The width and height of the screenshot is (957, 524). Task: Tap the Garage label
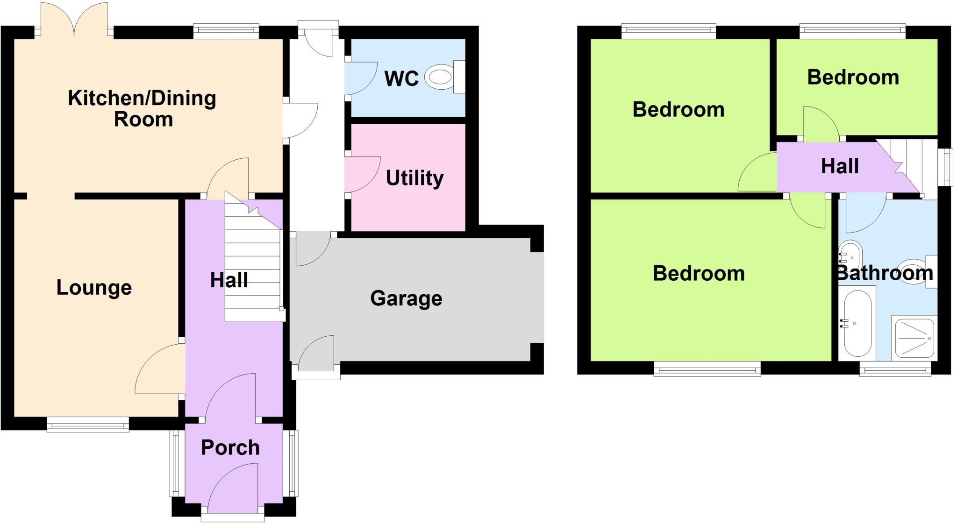(x=406, y=298)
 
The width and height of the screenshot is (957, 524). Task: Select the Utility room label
(x=414, y=178)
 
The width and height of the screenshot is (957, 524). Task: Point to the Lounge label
(x=94, y=288)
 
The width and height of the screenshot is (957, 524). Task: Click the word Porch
(x=230, y=447)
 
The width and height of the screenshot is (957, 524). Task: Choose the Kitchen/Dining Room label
(x=142, y=108)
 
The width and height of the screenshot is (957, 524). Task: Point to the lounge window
(x=88, y=425)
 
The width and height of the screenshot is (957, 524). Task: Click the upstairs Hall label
(x=840, y=166)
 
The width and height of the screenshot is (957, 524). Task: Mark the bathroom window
(x=895, y=371)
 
